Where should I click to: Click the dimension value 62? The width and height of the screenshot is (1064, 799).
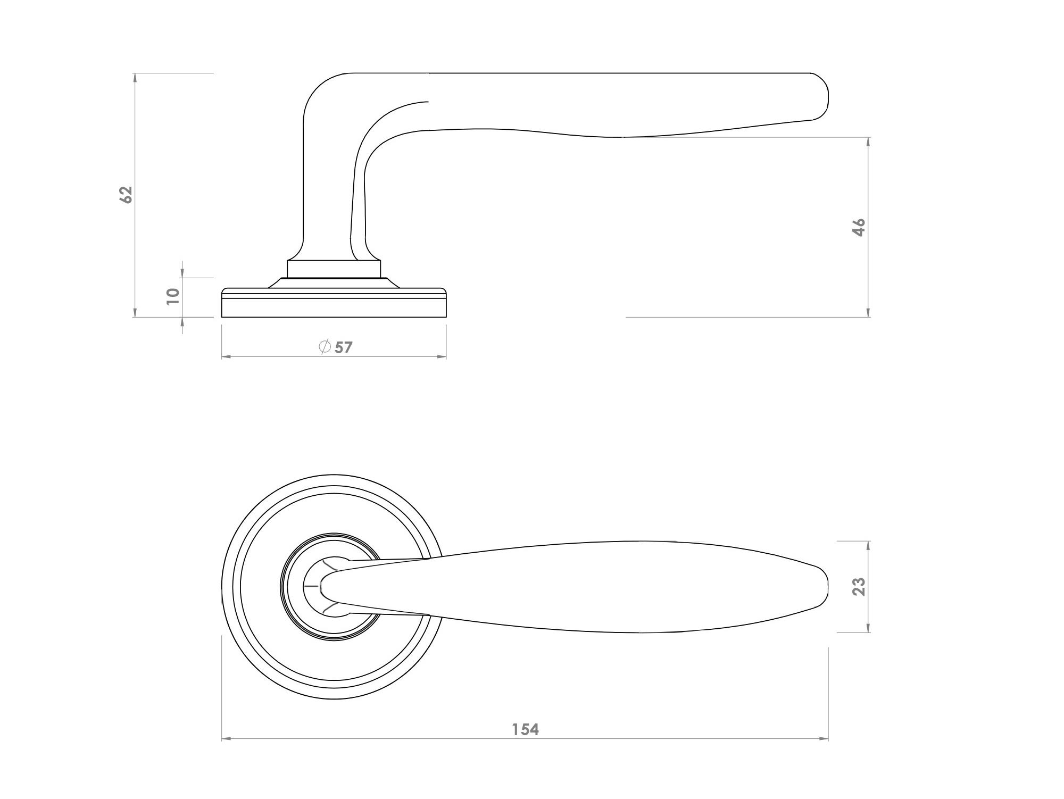tap(126, 195)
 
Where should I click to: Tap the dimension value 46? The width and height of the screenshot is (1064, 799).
tap(859, 227)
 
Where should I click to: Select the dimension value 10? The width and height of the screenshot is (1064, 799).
tap(172, 296)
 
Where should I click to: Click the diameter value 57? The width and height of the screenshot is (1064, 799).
tap(344, 348)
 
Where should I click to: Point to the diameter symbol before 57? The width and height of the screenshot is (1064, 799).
tap(325, 347)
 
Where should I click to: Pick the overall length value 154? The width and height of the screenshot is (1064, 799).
tap(526, 729)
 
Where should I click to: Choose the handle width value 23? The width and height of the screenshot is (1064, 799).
tap(859, 586)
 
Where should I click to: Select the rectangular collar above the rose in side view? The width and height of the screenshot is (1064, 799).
tap(334, 269)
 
